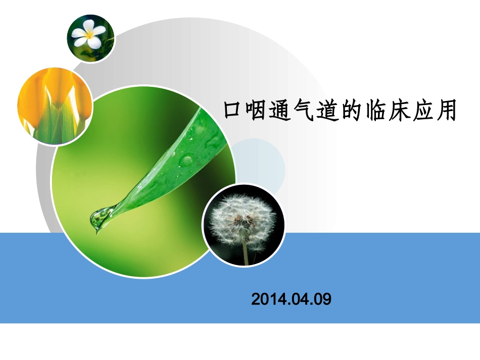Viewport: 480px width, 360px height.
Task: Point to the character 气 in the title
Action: click(x=307, y=111)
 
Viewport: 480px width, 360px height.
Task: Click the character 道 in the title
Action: click(x=331, y=111)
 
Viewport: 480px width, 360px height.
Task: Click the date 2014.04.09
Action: click(x=291, y=299)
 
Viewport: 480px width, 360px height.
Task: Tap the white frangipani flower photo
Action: click(x=91, y=38)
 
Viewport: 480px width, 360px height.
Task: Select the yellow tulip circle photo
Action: click(x=55, y=107)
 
